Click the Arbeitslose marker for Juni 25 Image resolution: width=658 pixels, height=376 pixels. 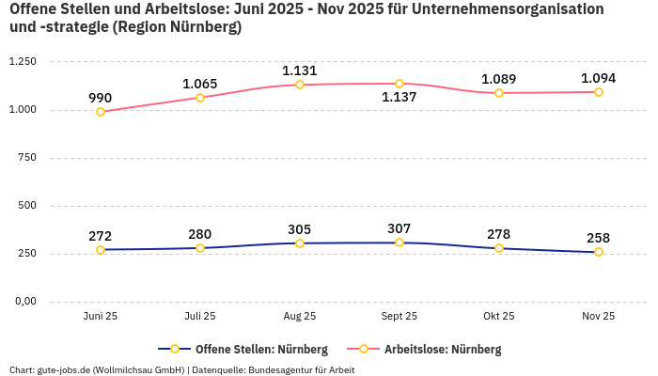(x=101, y=112)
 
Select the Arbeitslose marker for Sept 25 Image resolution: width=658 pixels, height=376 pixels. (x=399, y=84)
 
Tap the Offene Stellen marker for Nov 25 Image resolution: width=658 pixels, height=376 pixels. (x=599, y=252)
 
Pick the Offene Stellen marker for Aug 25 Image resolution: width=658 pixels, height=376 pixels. (x=300, y=243)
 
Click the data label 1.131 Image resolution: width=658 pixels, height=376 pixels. (x=300, y=70)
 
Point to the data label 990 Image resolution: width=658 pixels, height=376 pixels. (x=101, y=98)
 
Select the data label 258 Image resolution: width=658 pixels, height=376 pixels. (x=599, y=238)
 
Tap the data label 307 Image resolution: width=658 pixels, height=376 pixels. (x=399, y=228)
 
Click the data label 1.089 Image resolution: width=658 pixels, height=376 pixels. (x=499, y=79)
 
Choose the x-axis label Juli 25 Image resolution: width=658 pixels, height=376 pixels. (x=200, y=317)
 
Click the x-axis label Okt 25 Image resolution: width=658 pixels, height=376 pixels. (x=499, y=317)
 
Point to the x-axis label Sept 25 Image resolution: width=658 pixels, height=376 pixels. (x=399, y=317)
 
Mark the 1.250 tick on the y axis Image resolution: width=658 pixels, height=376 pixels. (x=22, y=62)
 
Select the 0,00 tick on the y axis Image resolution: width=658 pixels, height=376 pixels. (x=23, y=302)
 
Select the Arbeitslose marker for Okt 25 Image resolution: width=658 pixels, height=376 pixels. (x=499, y=93)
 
